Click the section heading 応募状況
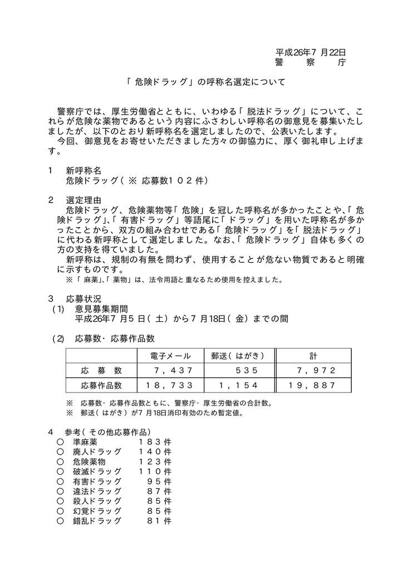point(83,298)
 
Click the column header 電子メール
point(170,356)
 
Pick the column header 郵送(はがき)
point(237,356)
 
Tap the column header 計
point(313,356)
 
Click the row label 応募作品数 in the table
point(101,385)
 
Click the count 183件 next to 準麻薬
point(155,441)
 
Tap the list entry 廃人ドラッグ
point(97,451)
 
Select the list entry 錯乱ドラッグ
point(97,521)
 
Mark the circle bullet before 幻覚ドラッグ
point(60,511)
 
